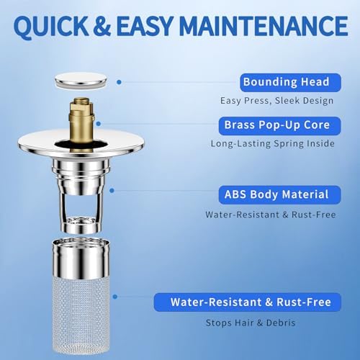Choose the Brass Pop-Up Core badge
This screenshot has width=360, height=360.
click(276, 125)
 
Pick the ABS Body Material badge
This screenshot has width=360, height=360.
click(276, 194)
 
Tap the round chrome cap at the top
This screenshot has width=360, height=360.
click(84, 81)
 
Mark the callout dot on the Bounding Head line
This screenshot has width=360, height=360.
click(118, 81)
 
